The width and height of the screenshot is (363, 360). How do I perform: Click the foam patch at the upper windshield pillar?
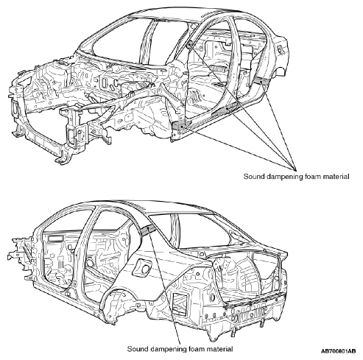click(x=189, y=46)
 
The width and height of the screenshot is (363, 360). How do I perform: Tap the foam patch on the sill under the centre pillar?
click(x=226, y=109)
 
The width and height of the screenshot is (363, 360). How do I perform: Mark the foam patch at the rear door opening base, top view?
click(x=261, y=80)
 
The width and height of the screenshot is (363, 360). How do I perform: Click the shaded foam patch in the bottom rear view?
click(x=149, y=230)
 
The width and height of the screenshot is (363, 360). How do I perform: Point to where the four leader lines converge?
click(x=295, y=170)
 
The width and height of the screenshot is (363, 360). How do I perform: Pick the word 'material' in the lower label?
click(x=220, y=349)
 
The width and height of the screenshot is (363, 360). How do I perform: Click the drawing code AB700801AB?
click(x=338, y=351)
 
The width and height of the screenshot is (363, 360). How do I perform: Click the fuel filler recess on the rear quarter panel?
click(x=142, y=267)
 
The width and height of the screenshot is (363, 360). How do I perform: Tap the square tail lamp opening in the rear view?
click(x=180, y=304)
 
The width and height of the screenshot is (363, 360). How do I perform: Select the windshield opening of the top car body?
click(x=116, y=39)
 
